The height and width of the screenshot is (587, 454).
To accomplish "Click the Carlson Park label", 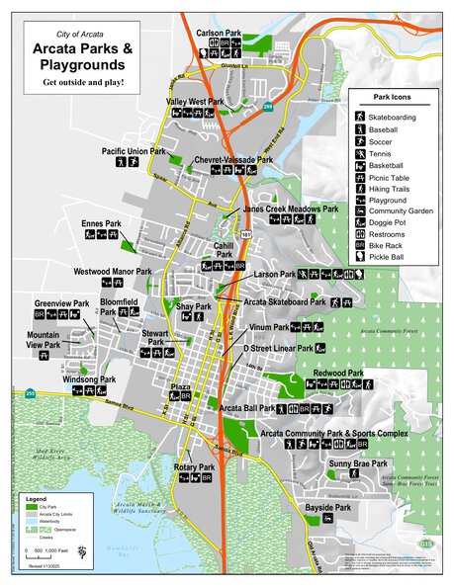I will pyautogui.click(x=219, y=33).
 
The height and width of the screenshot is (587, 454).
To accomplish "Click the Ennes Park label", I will pyautogui.click(x=101, y=223).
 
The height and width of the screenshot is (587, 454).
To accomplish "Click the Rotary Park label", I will pyautogui.click(x=194, y=466).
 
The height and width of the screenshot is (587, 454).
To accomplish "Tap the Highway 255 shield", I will pyautogui.click(x=32, y=394).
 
